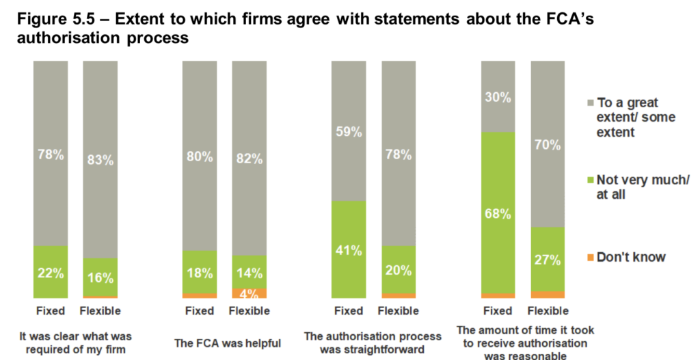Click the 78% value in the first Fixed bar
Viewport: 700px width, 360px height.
pyautogui.click(x=50, y=155)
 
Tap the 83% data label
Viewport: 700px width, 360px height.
pyautogui.click(x=100, y=161)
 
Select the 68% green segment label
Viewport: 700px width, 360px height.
pyautogui.click(x=498, y=214)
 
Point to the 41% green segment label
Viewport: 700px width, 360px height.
pyautogui.click(x=349, y=250)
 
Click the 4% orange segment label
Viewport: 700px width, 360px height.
pyautogui.click(x=249, y=293)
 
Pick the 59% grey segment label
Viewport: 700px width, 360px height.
pyautogui.click(x=349, y=132)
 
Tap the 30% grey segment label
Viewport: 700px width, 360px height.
pyautogui.click(x=498, y=97)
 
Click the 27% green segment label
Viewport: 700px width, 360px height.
pyautogui.click(x=548, y=260)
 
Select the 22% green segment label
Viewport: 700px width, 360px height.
pyautogui.click(x=50, y=273)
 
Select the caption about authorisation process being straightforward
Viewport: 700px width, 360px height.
pyautogui.click(x=373, y=343)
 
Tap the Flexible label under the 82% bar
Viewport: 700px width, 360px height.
pyautogui.click(x=249, y=311)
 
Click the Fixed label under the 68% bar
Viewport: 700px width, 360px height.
pyautogui.click(x=498, y=311)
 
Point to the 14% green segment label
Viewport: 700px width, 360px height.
pyautogui.click(x=249, y=274)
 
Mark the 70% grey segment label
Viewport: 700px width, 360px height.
pyautogui.click(x=548, y=145)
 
